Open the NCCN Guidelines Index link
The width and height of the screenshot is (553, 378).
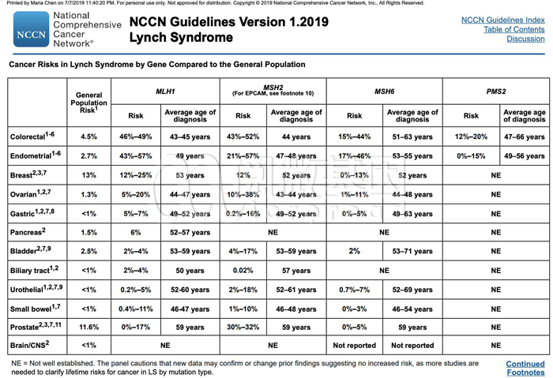(502, 19)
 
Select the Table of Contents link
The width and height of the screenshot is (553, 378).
(513, 29)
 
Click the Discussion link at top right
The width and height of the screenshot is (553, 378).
(525, 39)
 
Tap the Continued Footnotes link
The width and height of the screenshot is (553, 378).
(525, 368)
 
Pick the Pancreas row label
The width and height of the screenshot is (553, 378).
(27, 233)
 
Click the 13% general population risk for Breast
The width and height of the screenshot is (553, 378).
(89, 174)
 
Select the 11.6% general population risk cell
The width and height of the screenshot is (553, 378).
(89, 326)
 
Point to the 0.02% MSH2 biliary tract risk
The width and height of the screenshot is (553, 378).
(243, 270)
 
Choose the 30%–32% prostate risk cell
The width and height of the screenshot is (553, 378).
(243, 326)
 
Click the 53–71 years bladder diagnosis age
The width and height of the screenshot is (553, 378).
(412, 252)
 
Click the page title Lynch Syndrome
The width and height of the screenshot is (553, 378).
(181, 38)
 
